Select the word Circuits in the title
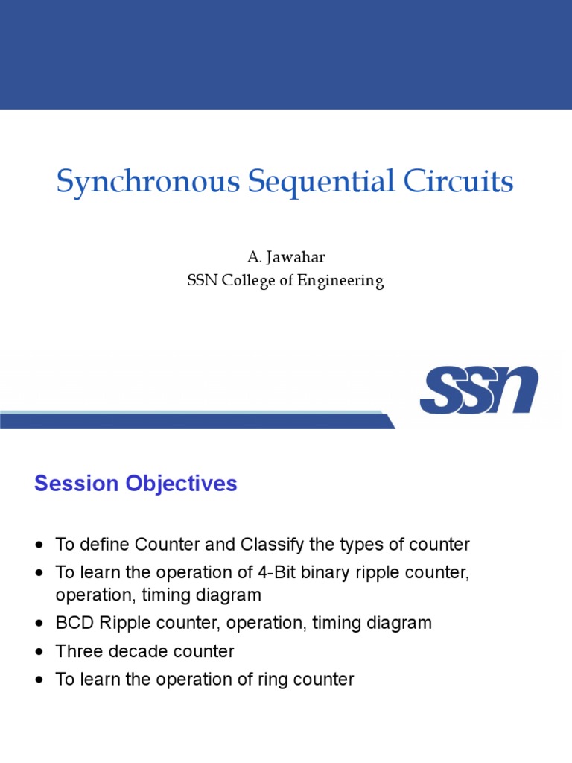click(460, 182)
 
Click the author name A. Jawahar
click(286, 257)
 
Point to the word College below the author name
click(258, 282)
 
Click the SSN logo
click(478, 390)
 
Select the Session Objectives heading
click(136, 484)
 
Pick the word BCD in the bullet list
click(72, 623)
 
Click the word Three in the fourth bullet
click(77, 651)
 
